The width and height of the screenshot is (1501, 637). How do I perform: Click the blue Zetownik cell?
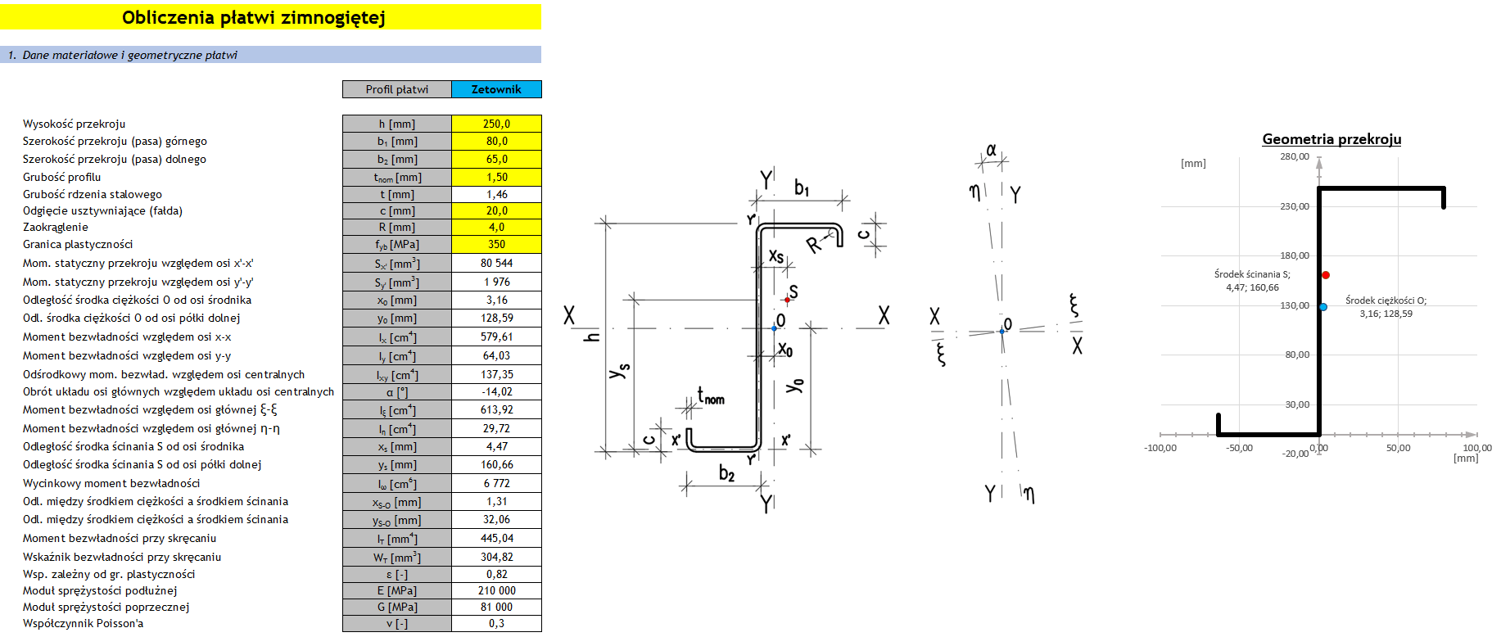[x=496, y=89]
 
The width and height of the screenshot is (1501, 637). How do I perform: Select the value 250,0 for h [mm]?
[x=496, y=124]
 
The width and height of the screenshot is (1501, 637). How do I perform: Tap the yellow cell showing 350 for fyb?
[x=496, y=244]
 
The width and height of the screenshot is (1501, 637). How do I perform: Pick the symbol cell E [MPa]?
[x=397, y=590]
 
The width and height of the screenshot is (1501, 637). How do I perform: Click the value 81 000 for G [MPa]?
[x=496, y=607]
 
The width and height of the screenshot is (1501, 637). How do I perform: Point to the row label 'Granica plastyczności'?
[x=78, y=244]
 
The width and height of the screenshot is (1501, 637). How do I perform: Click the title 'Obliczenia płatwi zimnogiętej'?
[x=254, y=17]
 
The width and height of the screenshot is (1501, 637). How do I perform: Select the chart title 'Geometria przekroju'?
[x=1331, y=139]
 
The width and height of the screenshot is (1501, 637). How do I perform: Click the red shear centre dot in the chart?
[x=1326, y=275]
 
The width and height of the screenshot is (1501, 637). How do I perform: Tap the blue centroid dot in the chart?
[x=1323, y=307]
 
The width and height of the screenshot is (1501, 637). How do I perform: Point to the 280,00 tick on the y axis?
[x=1295, y=156]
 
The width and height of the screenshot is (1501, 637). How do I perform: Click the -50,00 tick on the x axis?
[x=1239, y=448]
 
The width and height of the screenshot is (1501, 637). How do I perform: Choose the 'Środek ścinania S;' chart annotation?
[x=1252, y=274]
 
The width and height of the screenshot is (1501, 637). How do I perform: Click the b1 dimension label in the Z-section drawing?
[x=802, y=188]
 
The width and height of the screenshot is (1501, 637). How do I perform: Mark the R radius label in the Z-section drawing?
[x=813, y=244]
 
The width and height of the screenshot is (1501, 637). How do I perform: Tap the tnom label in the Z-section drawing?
[x=711, y=397]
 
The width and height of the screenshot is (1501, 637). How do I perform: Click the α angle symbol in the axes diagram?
[x=992, y=150]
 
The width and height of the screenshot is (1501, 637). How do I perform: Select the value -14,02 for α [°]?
[x=496, y=391]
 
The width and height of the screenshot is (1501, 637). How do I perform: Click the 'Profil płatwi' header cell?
[x=397, y=89]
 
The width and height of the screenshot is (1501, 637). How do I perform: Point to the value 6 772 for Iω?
[x=496, y=483]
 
